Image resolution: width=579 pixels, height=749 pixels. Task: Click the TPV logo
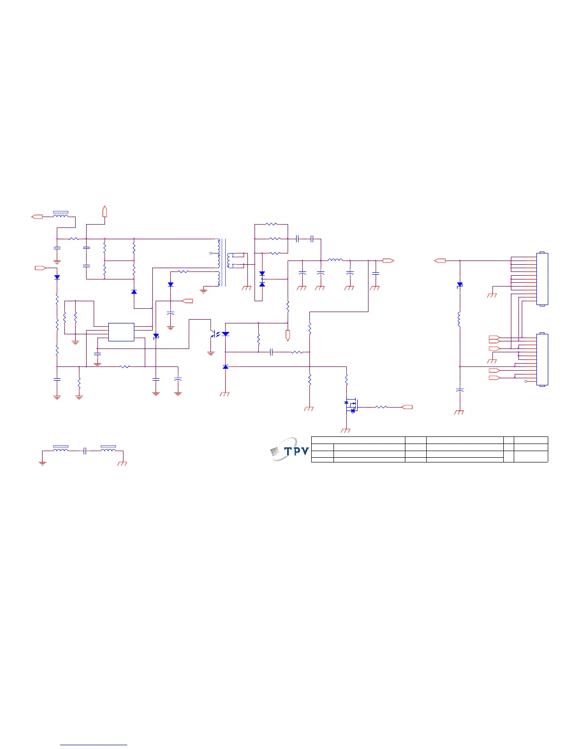tap(289, 450)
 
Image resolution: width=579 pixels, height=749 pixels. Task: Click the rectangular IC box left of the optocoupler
tap(121, 332)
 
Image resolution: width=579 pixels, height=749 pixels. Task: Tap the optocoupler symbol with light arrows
tap(218, 334)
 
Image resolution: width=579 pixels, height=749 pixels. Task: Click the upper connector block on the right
tap(542, 279)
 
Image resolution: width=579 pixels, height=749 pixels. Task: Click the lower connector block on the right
tap(542, 359)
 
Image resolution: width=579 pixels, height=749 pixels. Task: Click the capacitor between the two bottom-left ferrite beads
tap(85, 451)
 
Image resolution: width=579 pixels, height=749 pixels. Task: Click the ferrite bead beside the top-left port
tap(61, 216)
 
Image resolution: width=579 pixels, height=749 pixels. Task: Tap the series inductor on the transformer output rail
tap(335, 260)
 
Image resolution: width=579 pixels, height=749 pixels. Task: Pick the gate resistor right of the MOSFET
tap(381, 407)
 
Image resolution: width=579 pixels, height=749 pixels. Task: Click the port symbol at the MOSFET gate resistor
tap(407, 407)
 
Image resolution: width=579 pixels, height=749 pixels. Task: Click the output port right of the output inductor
tap(388, 261)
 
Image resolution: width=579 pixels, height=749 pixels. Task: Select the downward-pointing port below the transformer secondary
tap(288, 336)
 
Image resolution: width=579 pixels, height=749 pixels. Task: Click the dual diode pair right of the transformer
tap(262, 279)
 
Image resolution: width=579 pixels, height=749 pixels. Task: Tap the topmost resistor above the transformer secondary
tap(271, 224)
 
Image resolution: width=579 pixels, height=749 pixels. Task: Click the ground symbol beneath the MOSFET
tap(346, 430)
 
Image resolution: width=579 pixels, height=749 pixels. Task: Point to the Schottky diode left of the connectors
tap(459, 285)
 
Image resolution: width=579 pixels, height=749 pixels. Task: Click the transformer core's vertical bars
tap(224, 262)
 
